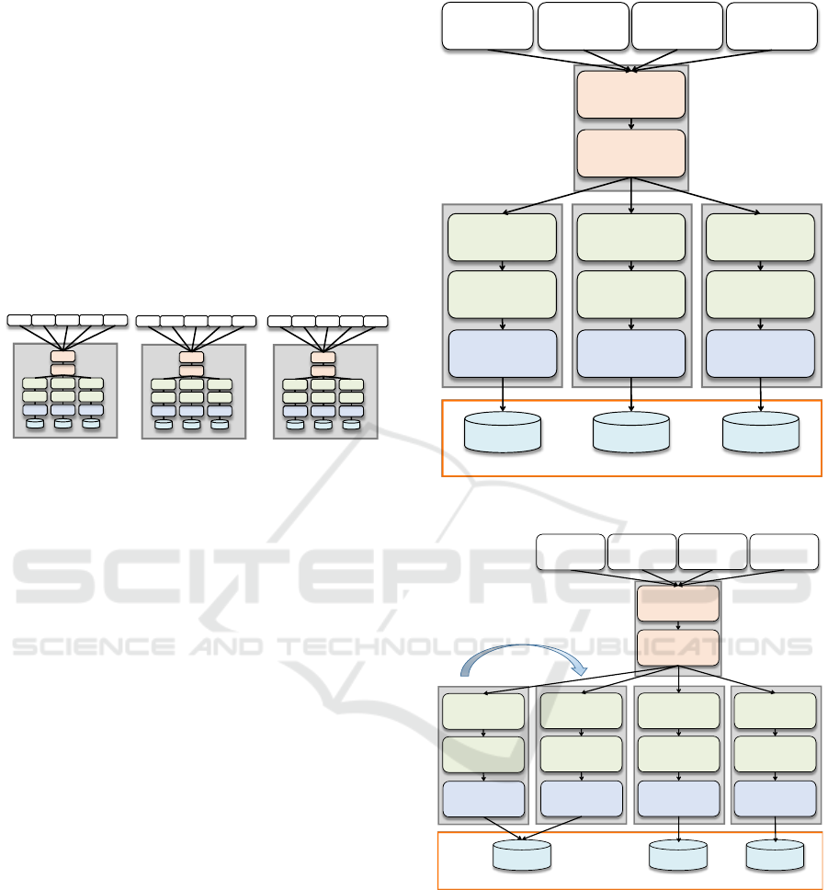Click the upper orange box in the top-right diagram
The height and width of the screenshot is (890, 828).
631,95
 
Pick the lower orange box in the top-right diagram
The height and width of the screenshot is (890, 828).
631,152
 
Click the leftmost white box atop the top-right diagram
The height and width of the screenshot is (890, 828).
488,26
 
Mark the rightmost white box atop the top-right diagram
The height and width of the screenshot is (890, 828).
772,26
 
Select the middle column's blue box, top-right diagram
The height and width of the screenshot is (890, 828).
631,353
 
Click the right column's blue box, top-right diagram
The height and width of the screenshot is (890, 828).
760,353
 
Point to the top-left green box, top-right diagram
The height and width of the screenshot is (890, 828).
503,237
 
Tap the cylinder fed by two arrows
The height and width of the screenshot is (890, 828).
522,855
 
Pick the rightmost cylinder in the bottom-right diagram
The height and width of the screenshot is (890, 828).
776,855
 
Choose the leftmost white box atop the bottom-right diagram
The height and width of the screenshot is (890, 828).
571,553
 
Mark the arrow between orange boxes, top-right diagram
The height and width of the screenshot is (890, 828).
631,123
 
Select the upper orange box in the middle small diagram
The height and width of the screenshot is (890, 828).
191,357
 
